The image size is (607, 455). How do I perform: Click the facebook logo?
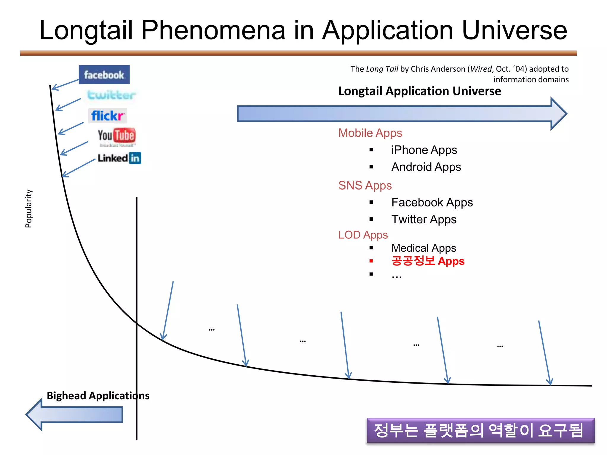click(x=104, y=75)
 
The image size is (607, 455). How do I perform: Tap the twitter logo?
click(x=111, y=95)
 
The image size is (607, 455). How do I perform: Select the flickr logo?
click(x=107, y=116)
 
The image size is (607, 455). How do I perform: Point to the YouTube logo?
click(x=116, y=136)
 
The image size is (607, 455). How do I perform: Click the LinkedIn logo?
click(x=119, y=158)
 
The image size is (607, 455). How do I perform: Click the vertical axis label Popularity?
click(x=28, y=209)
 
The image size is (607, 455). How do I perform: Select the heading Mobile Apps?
click(x=370, y=133)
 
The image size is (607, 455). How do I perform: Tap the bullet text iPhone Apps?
click(x=424, y=150)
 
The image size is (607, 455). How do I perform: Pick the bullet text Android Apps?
click(x=426, y=167)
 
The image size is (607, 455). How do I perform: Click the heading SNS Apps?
click(x=365, y=185)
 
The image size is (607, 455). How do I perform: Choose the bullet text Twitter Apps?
click(x=424, y=219)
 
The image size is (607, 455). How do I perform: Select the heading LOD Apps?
click(x=363, y=235)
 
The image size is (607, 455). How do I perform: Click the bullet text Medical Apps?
click(x=423, y=248)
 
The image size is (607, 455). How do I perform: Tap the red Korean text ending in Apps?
click(x=428, y=261)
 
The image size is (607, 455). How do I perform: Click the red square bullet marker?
click(x=371, y=261)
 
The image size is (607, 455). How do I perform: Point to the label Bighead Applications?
click(x=98, y=396)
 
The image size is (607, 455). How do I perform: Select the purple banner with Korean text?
click(x=480, y=430)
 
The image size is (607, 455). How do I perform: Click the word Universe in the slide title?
click(x=514, y=30)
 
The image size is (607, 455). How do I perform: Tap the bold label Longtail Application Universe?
click(x=419, y=91)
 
